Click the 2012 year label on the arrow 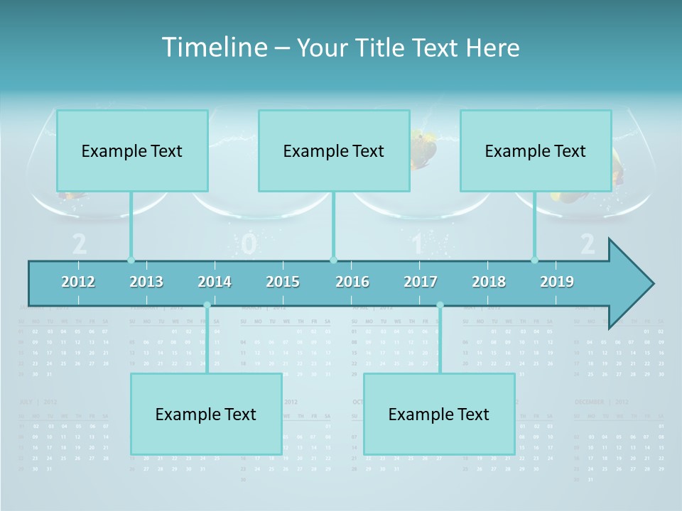[78, 282]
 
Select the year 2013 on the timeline [146, 282]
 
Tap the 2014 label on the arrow [215, 282]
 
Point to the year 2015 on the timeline [283, 282]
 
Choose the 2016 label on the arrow [352, 282]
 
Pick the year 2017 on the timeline [421, 282]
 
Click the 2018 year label [489, 282]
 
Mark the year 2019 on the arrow [557, 282]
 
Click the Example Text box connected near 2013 [132, 150]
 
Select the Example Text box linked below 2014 [206, 414]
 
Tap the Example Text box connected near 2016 [334, 150]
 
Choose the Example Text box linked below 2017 [439, 414]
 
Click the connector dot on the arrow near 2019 [535, 260]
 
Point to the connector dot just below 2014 [207, 305]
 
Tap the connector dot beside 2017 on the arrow [440, 305]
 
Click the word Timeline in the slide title [214, 48]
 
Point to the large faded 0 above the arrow [248, 244]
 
